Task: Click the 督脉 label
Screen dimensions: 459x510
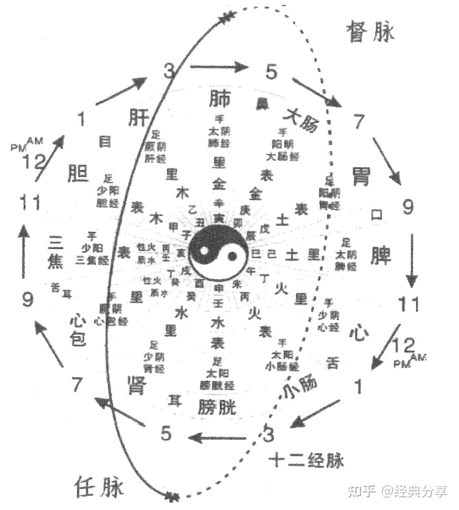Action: pyautogui.click(x=370, y=31)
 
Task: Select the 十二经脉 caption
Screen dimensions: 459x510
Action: pyautogui.click(x=306, y=461)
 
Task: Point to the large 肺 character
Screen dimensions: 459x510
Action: pyautogui.click(x=220, y=98)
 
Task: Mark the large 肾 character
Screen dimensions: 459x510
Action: pyautogui.click(x=136, y=385)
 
